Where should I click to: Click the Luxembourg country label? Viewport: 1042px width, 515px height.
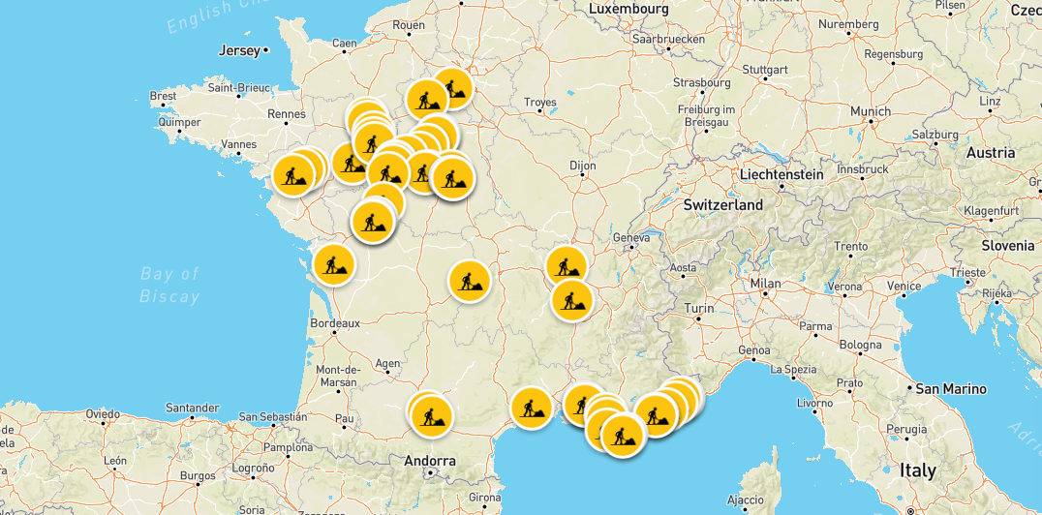tap(628, 9)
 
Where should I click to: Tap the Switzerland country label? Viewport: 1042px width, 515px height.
tap(722, 205)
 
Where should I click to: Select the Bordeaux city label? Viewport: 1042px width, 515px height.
tap(334, 323)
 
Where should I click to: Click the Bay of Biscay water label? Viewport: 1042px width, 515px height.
tap(169, 286)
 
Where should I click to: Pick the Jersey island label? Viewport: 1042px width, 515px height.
tap(240, 50)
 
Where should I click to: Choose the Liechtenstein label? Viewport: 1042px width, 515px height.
tap(781, 175)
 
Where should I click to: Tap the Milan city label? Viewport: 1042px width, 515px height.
tap(765, 285)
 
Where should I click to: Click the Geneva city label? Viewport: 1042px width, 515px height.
tap(631, 237)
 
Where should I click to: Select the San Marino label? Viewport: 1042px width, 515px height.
tap(951, 389)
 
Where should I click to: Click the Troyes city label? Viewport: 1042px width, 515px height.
tap(539, 103)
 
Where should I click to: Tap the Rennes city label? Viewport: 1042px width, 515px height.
tap(287, 114)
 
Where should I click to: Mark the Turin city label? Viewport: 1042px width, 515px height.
tap(699, 309)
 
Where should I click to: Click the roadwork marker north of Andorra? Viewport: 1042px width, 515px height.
tap(431, 415)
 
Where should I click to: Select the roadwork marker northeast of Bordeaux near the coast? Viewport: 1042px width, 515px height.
tap(333, 262)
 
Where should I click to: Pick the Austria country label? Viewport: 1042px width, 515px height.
tap(990, 153)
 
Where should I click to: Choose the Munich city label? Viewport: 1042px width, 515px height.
tap(870, 111)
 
